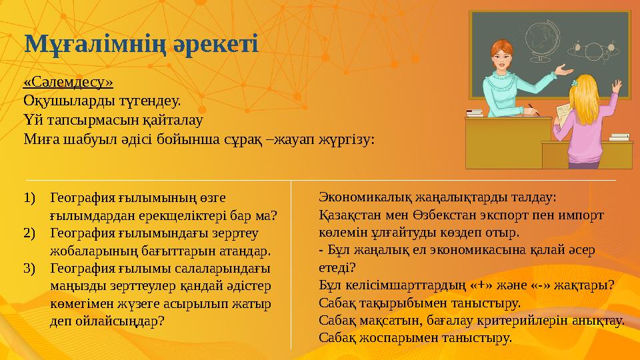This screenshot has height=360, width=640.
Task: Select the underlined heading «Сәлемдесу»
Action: point(68,82)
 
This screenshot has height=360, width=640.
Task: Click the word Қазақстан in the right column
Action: point(353,215)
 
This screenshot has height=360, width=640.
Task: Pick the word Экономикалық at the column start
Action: point(363,198)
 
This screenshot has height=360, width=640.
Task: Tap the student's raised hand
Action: point(617,88)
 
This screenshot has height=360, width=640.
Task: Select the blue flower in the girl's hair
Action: point(574,83)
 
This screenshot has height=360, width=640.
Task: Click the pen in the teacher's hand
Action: point(531,107)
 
